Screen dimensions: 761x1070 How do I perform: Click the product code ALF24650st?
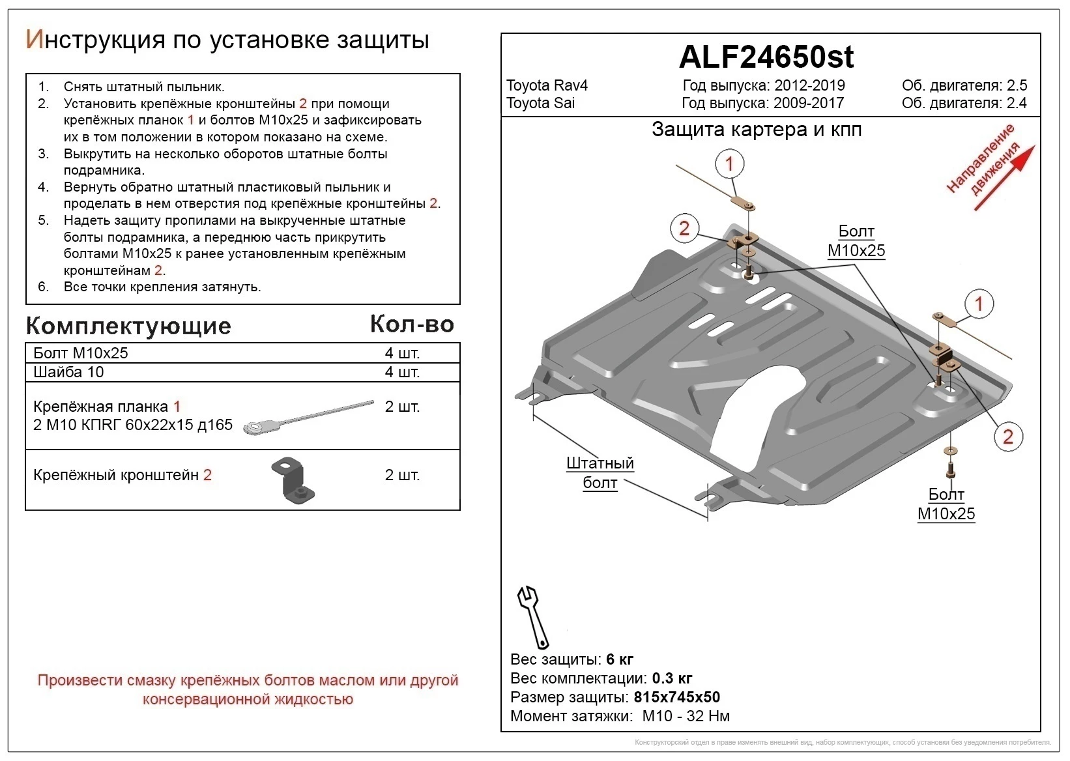coord(766,57)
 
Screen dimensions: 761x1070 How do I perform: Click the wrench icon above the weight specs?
coord(532,616)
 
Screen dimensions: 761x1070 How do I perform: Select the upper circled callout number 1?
coord(729,164)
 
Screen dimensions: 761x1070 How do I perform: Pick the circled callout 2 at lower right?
coord(1007,437)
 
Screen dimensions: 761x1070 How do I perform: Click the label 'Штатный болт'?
coord(600,473)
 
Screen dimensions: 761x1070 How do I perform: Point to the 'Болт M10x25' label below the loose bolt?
coord(946,504)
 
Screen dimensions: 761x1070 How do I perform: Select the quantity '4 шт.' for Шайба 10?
coord(402,372)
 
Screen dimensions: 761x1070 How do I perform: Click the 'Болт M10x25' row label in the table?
coord(81,353)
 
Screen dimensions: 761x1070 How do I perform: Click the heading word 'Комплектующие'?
coord(128,326)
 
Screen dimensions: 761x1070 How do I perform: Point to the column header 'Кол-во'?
coord(412,324)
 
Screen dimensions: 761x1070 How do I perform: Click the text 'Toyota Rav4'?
coord(547,86)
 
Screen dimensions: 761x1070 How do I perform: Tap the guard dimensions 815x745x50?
coord(676,697)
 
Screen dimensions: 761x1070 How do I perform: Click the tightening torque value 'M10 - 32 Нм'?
coord(686,716)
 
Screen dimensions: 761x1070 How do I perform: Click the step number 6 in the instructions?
coord(43,287)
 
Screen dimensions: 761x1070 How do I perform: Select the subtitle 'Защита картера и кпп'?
coord(757,130)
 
